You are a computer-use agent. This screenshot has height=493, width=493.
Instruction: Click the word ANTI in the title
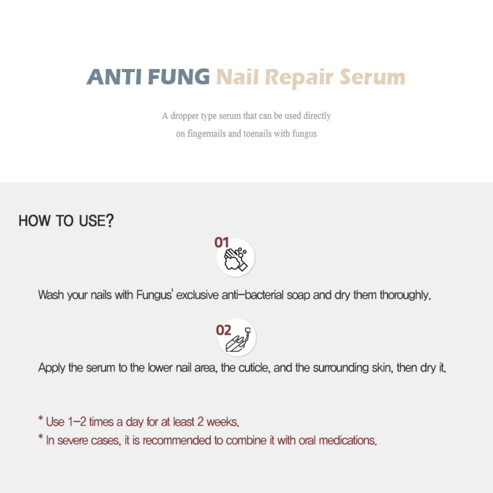113,78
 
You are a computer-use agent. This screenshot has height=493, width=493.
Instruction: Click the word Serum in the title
373,78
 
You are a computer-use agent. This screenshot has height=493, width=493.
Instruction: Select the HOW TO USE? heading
66,221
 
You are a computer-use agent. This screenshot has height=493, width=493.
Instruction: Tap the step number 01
222,242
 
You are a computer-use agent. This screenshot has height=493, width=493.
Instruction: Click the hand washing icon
237,259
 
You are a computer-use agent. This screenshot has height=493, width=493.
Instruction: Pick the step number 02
224,330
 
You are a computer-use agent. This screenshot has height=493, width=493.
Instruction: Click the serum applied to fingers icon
238,338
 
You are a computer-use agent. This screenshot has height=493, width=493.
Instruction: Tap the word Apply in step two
52,368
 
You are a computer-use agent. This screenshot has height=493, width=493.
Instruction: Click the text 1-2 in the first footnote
76,422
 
